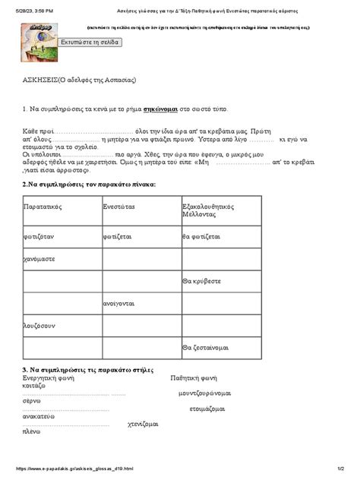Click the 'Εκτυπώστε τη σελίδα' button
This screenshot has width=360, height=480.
[x=90, y=43]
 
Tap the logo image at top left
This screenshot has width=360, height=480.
[x=39, y=43]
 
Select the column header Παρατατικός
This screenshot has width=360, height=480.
[x=43, y=207]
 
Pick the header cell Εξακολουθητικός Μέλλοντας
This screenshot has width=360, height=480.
[x=207, y=210]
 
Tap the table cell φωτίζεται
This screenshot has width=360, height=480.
[x=118, y=236]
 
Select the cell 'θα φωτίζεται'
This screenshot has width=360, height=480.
[x=201, y=236]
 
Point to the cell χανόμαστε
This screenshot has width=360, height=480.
[x=39, y=259]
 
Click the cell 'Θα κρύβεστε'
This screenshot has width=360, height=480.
[x=202, y=281]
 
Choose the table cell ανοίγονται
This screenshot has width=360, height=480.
[x=119, y=303]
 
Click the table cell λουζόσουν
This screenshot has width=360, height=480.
[x=39, y=325]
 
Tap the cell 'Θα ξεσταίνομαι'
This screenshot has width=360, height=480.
[x=205, y=347]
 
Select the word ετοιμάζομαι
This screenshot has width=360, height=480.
[x=207, y=409]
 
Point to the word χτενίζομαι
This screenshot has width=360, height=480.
[x=143, y=425]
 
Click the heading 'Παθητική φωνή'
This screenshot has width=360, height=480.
[x=194, y=377]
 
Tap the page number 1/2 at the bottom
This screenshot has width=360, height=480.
[x=341, y=469]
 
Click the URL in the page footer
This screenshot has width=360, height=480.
[x=74, y=469]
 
